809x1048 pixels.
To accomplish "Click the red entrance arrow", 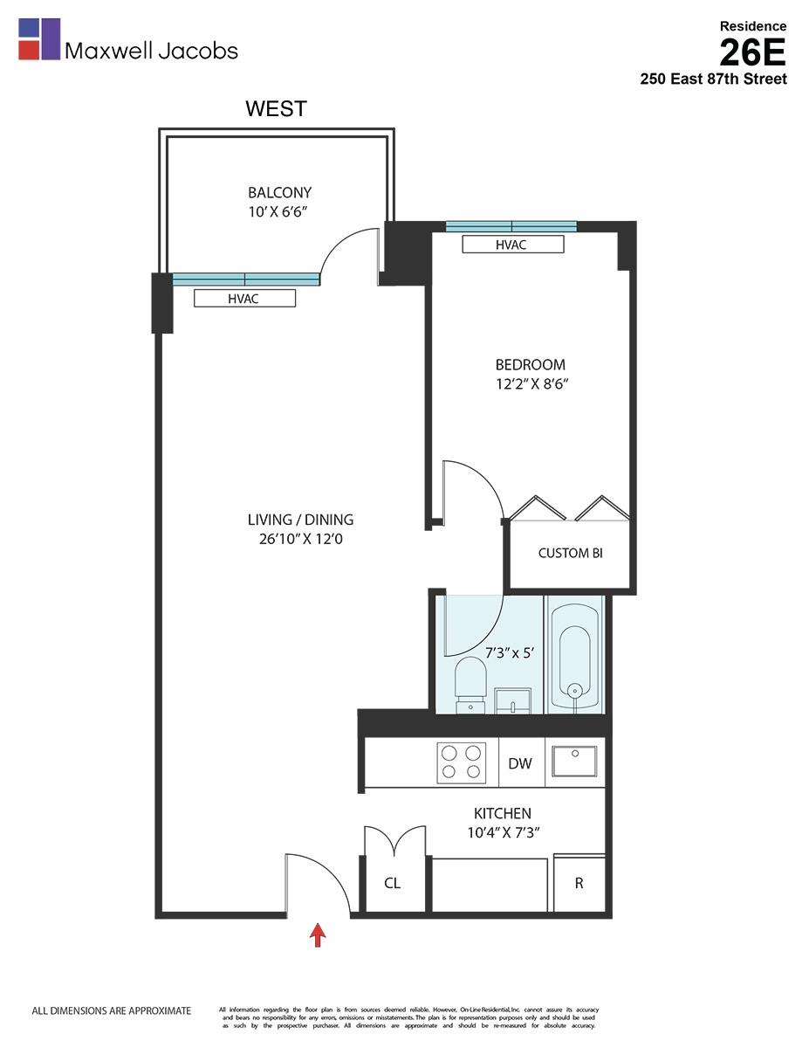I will click(319, 935).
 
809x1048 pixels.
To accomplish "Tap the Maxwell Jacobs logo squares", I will click(39, 39).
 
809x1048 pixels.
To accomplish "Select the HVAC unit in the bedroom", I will click(512, 245).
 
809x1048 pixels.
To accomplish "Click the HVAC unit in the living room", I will click(244, 299).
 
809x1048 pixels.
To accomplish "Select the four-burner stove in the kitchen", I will click(461, 762).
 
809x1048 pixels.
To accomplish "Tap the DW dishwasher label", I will click(520, 763).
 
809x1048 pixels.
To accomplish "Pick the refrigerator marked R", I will click(579, 883).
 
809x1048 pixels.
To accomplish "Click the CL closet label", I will click(393, 883).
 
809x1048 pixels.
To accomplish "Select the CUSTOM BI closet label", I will click(570, 553).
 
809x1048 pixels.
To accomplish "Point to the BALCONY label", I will click(279, 193).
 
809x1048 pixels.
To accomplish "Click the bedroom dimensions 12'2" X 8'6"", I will click(531, 383).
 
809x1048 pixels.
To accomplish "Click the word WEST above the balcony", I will click(276, 108).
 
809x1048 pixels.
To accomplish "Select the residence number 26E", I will click(752, 52).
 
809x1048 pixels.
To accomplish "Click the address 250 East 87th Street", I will click(713, 79).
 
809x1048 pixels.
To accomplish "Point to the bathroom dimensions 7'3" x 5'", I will click(514, 652).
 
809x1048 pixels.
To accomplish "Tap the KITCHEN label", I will click(502, 813).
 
